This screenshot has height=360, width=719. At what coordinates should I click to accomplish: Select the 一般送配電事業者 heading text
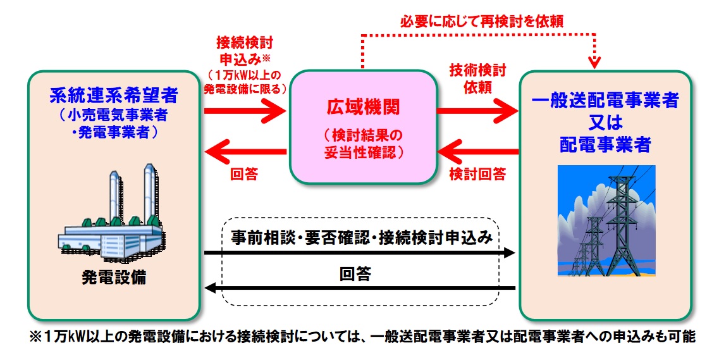605,101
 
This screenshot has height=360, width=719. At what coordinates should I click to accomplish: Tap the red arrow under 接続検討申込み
245,111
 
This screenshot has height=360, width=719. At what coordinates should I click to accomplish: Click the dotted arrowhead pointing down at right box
593,62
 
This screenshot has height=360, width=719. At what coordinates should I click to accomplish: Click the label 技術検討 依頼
477,78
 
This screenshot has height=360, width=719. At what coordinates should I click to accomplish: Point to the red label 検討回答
477,173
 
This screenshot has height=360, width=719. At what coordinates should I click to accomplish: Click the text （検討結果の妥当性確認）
362,143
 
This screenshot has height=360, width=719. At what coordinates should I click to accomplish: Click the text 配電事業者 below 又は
605,145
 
